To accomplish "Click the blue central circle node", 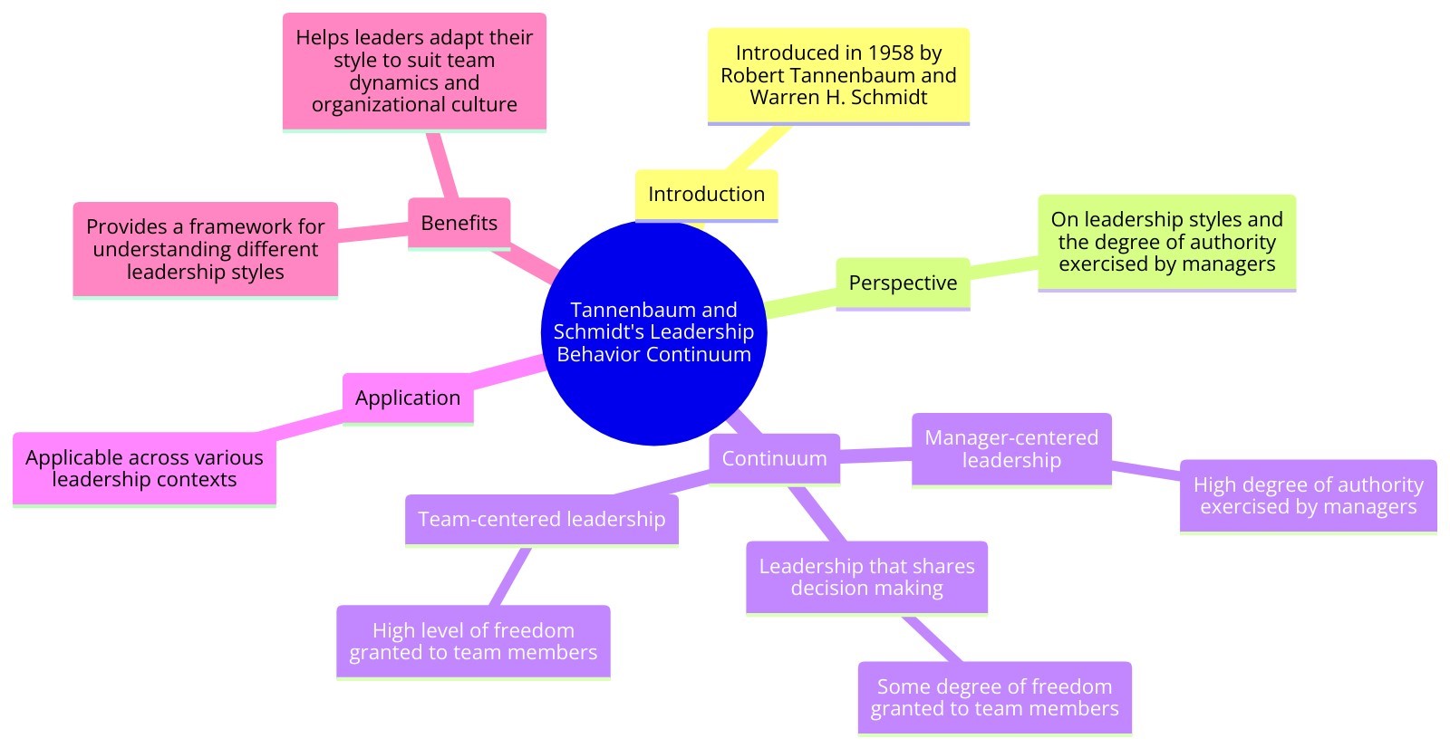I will click(x=653, y=331).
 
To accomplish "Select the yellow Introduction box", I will click(x=706, y=194).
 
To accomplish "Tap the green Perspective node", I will click(x=903, y=283).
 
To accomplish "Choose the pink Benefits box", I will click(x=459, y=223).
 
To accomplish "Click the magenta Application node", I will click(x=408, y=398).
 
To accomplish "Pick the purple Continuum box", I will click(x=774, y=458).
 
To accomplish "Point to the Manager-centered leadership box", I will click(x=1011, y=449).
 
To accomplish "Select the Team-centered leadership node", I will click(x=541, y=519).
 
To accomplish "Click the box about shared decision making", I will click(x=866, y=577).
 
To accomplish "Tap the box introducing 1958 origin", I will click(x=838, y=75).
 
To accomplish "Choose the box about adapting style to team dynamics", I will click(x=414, y=71).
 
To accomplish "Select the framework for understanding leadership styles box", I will click(x=206, y=249).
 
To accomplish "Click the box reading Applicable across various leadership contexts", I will click(x=144, y=468).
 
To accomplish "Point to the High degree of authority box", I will click(x=1308, y=495).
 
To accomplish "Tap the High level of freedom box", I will click(x=473, y=641).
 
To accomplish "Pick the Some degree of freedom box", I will click(x=994, y=697).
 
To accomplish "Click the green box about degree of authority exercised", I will click(x=1166, y=242).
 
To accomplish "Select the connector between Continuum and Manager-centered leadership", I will click(x=875, y=455).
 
